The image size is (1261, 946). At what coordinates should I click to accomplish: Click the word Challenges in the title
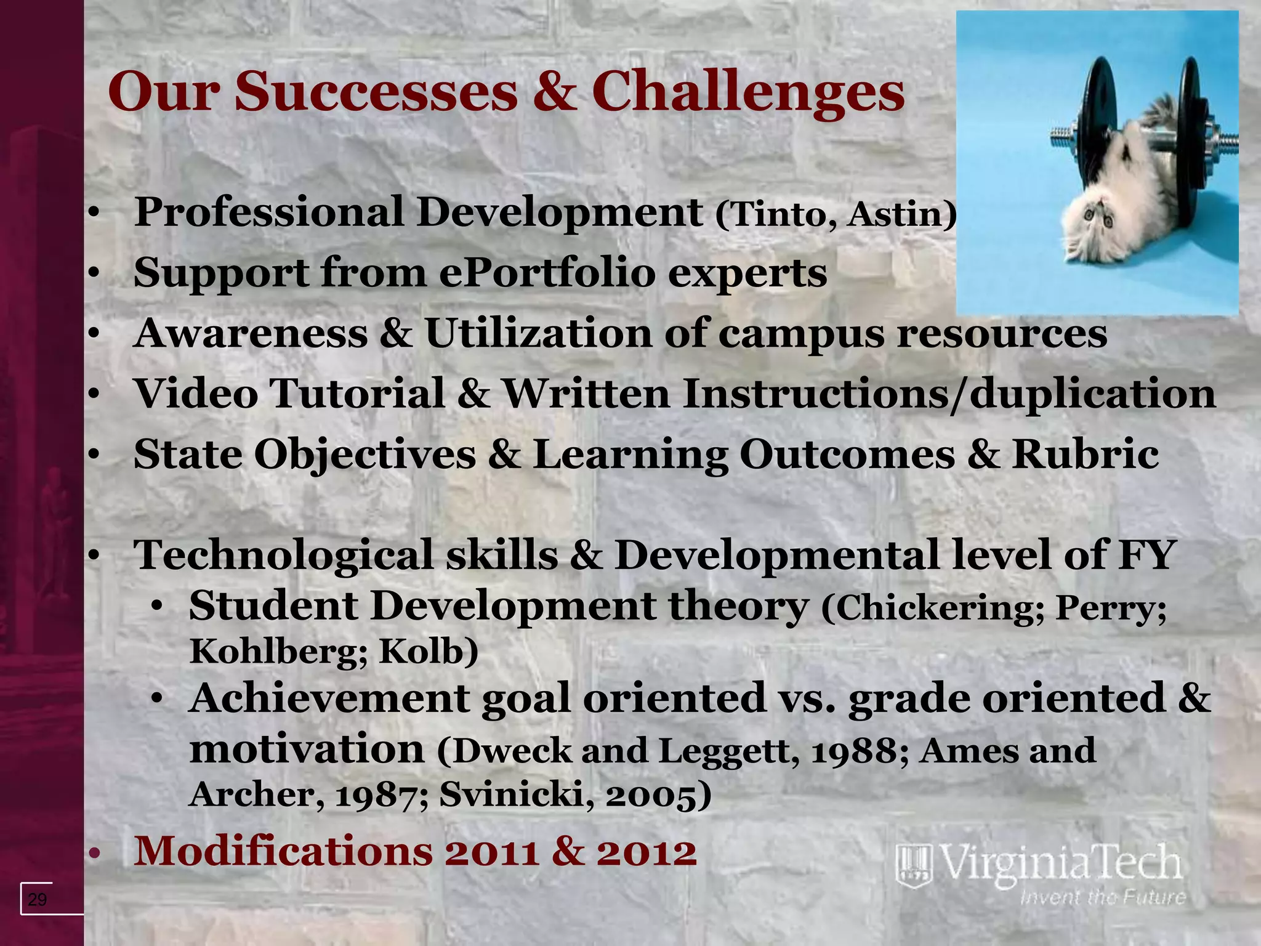tap(747, 92)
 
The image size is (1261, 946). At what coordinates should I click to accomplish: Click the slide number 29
tap(38, 900)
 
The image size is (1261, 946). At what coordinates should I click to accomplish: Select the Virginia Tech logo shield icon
tap(914, 866)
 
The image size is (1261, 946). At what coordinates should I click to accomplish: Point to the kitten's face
tap(1100, 219)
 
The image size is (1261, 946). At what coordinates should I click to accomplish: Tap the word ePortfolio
tap(547, 273)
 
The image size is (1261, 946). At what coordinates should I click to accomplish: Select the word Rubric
tap(1085, 455)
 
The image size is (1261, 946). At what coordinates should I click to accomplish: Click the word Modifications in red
tap(283, 851)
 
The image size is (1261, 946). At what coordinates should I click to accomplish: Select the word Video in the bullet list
tap(196, 394)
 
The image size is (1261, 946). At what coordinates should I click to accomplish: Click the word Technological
tap(284, 554)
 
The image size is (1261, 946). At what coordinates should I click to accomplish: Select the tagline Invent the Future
tap(1102, 897)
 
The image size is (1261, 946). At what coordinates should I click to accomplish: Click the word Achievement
tap(329, 698)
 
